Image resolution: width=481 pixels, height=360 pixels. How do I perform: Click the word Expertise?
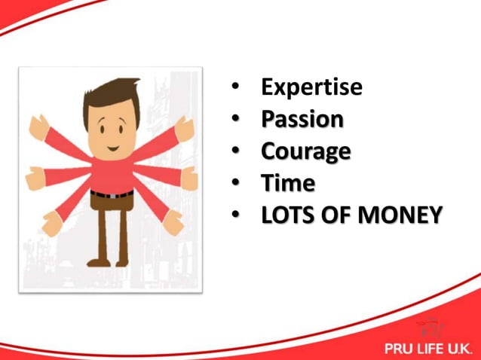[311, 87]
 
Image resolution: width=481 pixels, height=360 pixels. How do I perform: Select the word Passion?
[302, 119]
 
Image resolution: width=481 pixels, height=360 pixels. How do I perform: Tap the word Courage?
[305, 151]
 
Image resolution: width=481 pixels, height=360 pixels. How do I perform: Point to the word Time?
[288, 183]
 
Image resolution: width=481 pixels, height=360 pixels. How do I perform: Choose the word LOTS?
[286, 215]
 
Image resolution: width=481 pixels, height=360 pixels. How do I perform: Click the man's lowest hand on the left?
[51, 222]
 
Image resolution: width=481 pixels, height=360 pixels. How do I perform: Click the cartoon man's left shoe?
[97, 261]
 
